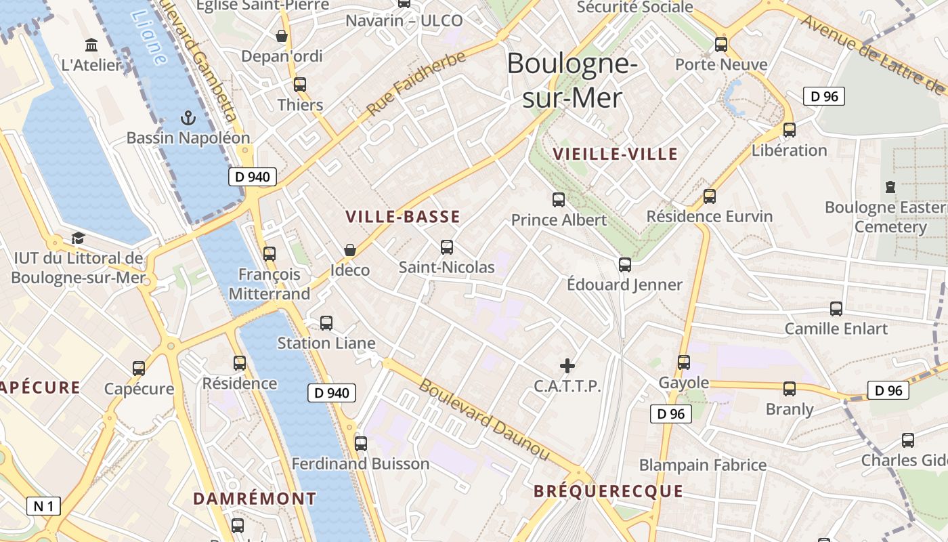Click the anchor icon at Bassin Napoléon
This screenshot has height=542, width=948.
pyautogui.click(x=188, y=119)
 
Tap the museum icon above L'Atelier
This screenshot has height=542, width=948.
pyautogui.click(x=91, y=45)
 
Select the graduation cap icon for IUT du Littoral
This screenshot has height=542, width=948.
pyautogui.click(x=78, y=238)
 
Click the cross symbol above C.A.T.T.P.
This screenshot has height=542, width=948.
pyautogui.click(x=567, y=367)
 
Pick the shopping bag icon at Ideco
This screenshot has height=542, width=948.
pyautogui.click(x=349, y=250)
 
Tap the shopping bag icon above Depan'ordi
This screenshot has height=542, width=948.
pyautogui.click(x=282, y=36)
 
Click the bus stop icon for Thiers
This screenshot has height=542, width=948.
pyautogui.click(x=300, y=85)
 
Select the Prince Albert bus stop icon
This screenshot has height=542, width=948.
pyautogui.click(x=559, y=200)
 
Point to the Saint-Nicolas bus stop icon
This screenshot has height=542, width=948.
pyautogui.click(x=447, y=247)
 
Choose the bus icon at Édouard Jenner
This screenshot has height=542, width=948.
pyautogui.click(x=625, y=264)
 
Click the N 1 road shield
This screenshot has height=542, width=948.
pyautogui.click(x=43, y=505)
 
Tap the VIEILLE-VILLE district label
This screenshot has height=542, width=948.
pyautogui.click(x=615, y=154)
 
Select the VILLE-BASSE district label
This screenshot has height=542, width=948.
pyautogui.click(x=403, y=217)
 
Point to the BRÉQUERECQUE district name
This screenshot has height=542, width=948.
pyautogui.click(x=608, y=492)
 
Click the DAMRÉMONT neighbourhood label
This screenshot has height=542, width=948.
pyautogui.click(x=255, y=499)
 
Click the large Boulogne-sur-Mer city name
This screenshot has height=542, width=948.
pyautogui.click(x=572, y=81)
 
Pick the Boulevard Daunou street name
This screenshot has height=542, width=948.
pyautogui.click(x=484, y=419)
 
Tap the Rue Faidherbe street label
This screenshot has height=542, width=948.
pyautogui.click(x=416, y=83)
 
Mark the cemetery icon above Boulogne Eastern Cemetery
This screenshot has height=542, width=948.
pyautogui.click(x=890, y=186)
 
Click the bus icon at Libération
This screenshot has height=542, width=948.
pyautogui.click(x=790, y=129)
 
